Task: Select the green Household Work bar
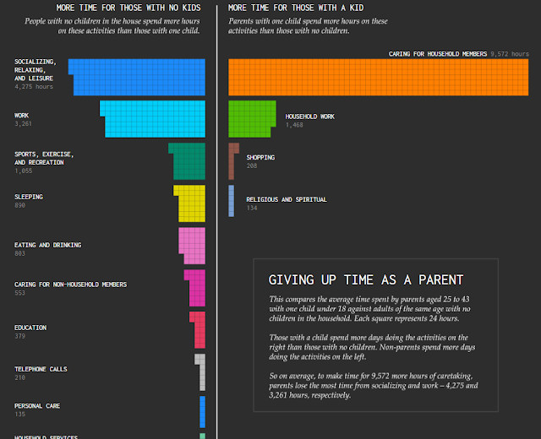tap(250, 117)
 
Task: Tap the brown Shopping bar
tap(232, 160)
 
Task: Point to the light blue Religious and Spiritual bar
tap(231, 201)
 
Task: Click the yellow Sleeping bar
tap(191, 203)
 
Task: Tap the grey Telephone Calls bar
tap(200, 371)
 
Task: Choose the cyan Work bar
tap(154, 118)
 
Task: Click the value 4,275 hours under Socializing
tap(34, 86)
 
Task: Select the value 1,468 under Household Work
tap(294, 125)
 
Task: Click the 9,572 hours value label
tap(510, 54)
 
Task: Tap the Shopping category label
tap(260, 157)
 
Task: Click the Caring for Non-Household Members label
tap(70, 285)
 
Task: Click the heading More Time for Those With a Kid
tap(296, 8)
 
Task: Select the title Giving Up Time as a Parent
tap(365, 279)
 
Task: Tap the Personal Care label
tap(37, 406)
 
